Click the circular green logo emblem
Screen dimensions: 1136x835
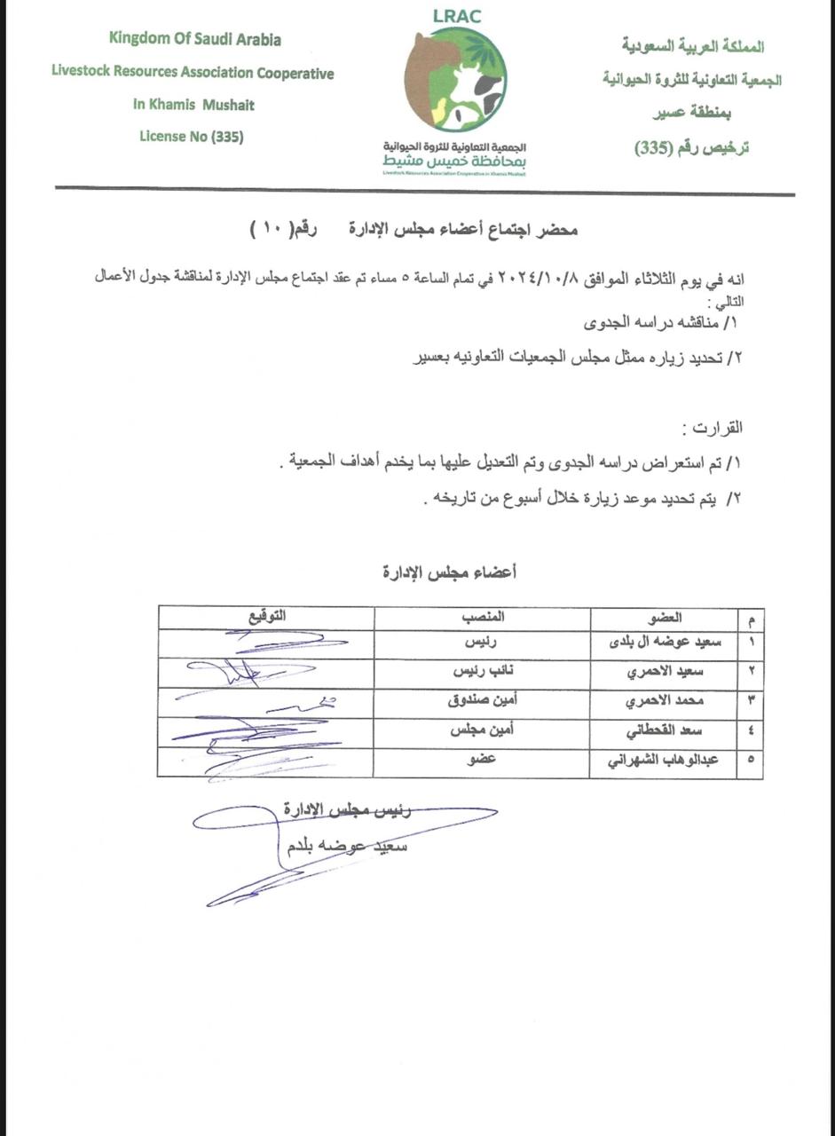[x=455, y=79]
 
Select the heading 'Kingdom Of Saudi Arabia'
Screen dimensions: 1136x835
[x=195, y=39]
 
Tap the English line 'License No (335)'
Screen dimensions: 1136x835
[x=192, y=137]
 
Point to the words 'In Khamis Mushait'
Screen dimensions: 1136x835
[x=193, y=105]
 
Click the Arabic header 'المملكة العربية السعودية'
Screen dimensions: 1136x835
[x=693, y=45]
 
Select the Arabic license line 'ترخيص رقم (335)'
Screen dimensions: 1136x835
[x=692, y=147]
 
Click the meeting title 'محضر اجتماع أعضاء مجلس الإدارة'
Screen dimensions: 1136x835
[x=461, y=231]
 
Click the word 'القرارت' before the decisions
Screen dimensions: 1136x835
[x=714, y=428]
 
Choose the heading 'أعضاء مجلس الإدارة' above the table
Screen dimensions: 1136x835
[x=449, y=572]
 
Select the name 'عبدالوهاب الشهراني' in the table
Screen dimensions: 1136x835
[x=669, y=761]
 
